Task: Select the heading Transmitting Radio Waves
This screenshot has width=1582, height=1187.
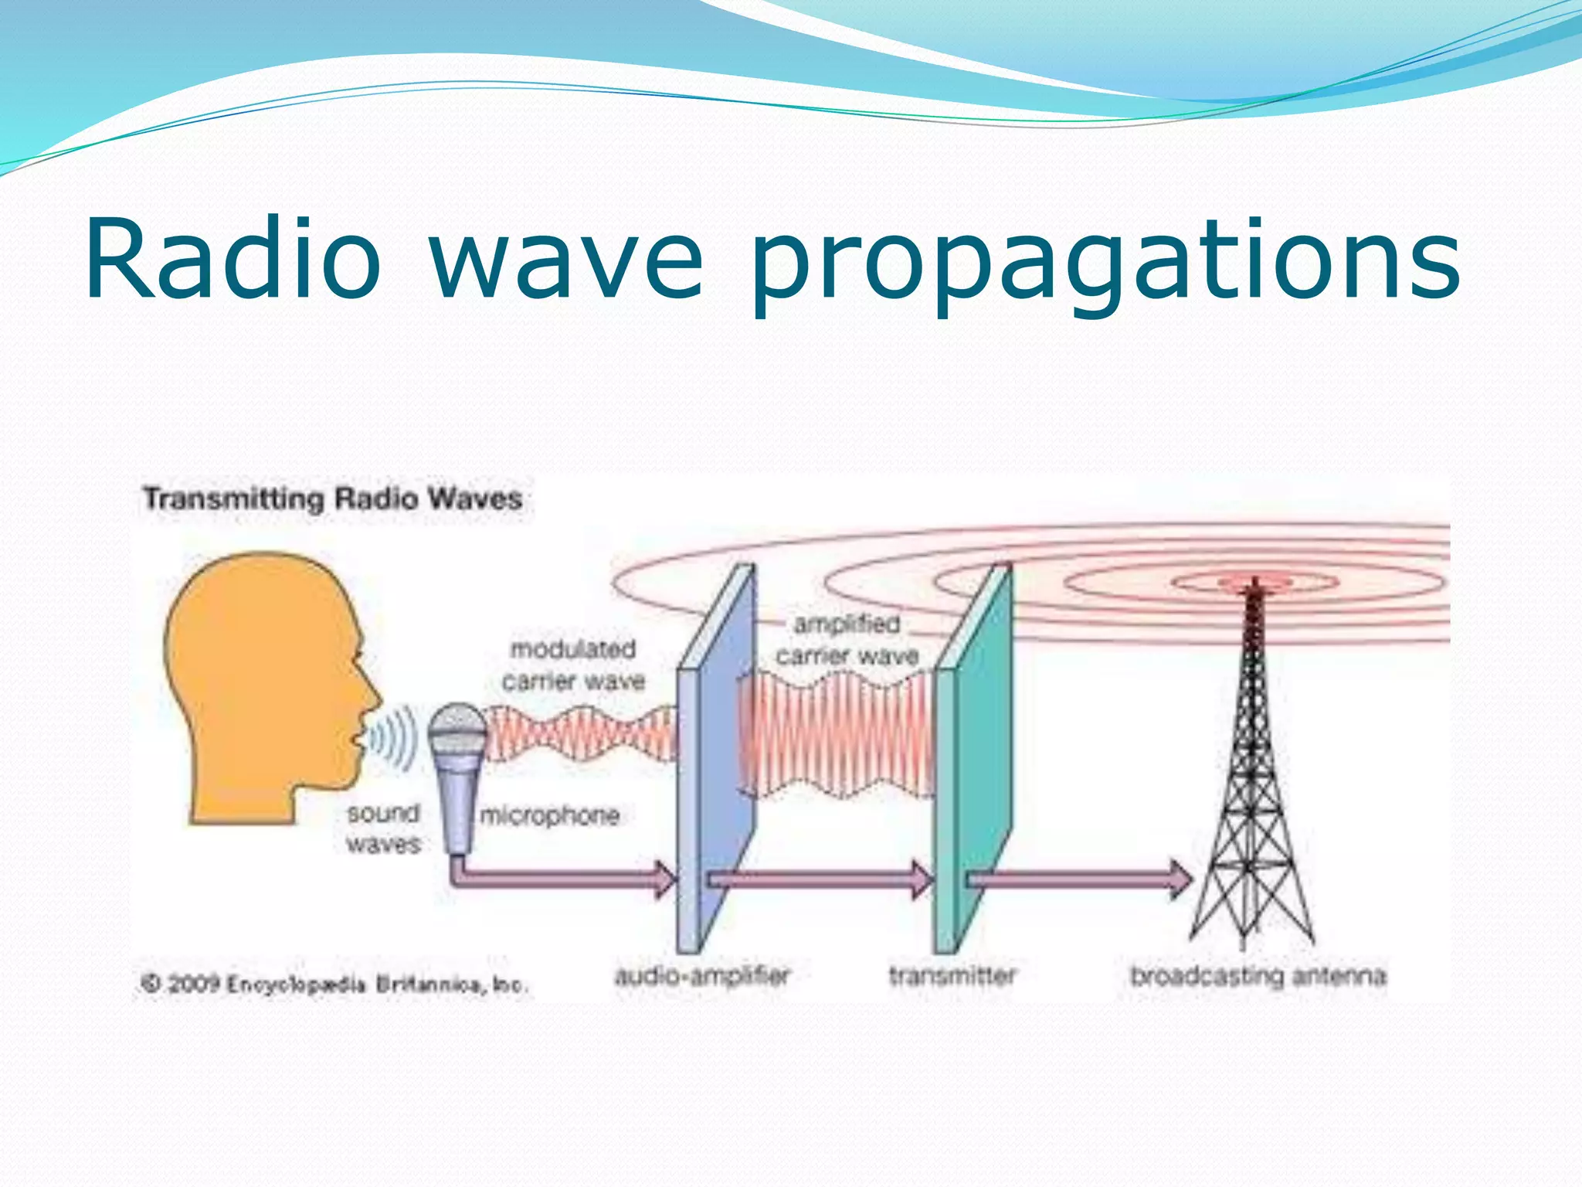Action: [333, 498]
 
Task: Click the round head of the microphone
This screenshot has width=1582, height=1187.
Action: [457, 730]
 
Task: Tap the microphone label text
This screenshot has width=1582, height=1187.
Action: [549, 815]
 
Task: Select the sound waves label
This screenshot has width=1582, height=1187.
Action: [383, 828]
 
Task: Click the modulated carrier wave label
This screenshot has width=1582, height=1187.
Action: [573, 665]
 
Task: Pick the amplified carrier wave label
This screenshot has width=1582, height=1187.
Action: [847, 640]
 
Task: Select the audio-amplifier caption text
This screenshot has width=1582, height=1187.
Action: [702, 976]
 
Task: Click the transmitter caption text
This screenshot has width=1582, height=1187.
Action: [952, 976]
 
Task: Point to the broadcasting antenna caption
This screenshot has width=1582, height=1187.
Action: [1258, 976]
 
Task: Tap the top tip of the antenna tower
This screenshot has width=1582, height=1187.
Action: [1254, 581]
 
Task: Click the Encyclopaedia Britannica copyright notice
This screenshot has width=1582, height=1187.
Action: [334, 985]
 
